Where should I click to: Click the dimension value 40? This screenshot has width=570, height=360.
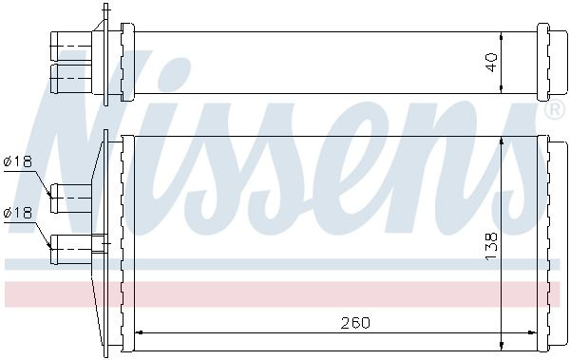(491, 63)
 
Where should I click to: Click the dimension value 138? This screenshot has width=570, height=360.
(491, 246)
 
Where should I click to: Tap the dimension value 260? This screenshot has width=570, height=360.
(355, 323)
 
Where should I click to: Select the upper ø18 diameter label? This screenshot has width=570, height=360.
(18, 161)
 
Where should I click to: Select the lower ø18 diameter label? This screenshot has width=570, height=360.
(18, 213)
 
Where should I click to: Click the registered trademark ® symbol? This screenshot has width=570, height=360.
(553, 110)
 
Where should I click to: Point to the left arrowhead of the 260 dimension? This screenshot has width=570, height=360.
(139, 332)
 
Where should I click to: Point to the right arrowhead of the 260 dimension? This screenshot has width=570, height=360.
(533, 332)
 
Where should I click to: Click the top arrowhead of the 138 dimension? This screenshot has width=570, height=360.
(502, 142)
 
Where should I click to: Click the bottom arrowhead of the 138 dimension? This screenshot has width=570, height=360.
(502, 346)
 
